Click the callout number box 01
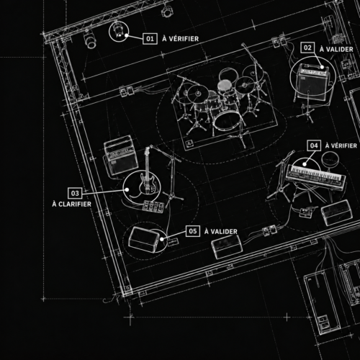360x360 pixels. [150, 39]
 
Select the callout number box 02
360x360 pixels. [307, 48]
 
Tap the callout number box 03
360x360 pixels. [75, 193]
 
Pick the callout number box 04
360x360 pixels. [314, 145]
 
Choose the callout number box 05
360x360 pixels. [193, 231]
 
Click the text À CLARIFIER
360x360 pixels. [71, 204]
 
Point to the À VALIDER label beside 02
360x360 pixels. [336, 49]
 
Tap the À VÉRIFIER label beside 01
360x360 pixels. [181, 39]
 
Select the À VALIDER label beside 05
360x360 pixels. [221, 231]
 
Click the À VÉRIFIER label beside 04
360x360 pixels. [341, 145]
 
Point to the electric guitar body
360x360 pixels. [147, 184]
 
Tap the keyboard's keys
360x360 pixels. [316, 175]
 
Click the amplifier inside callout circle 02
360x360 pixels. [312, 84]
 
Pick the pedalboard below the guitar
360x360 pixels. [153, 207]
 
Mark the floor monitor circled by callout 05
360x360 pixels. [143, 240]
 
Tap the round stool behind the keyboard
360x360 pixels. [330, 158]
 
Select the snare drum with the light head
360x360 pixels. [225, 85]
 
